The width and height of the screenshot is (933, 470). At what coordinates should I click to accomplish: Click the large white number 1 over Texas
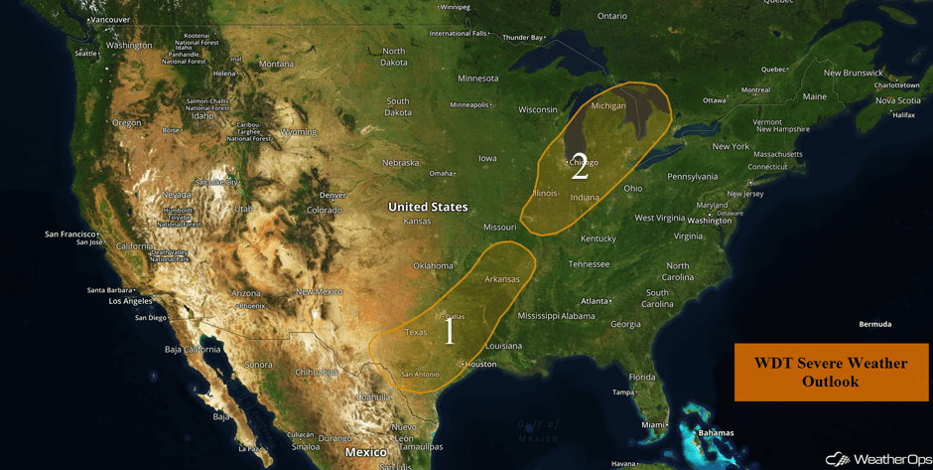(450, 331)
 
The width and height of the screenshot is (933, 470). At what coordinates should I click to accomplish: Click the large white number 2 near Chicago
(580, 170)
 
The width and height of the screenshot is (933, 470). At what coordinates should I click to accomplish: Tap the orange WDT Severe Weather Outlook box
(831, 373)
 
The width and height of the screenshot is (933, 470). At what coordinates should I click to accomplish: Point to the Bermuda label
(875, 324)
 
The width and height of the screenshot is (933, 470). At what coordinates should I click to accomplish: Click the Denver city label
(333, 195)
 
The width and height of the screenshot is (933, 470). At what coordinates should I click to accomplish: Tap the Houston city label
(480, 364)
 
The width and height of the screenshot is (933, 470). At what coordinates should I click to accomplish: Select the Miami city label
(654, 425)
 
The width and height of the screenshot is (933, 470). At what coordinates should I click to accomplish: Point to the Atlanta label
(595, 301)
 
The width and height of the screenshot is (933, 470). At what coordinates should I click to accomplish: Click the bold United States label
(427, 207)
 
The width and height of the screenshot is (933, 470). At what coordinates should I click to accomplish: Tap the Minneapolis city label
(469, 104)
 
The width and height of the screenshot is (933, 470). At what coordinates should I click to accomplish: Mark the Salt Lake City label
(216, 182)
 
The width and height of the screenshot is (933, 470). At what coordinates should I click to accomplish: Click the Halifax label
(903, 115)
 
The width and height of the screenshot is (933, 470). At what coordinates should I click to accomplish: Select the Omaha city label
(441, 173)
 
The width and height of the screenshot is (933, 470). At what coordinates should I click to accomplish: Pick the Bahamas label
(715, 433)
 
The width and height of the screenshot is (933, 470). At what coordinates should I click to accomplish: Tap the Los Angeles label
(130, 300)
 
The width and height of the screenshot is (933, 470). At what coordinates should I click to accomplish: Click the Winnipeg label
(456, 7)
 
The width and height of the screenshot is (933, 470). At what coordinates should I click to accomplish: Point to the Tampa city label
(623, 392)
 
